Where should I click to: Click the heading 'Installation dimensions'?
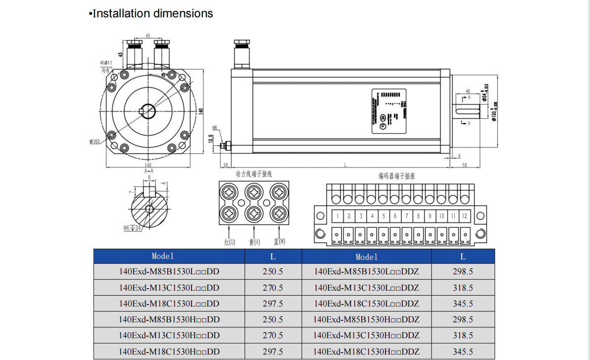[152, 14]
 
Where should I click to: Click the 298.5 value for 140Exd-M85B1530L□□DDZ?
[462, 272]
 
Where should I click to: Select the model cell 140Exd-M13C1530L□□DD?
[169, 288]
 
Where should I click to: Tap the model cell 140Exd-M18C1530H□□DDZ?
[366, 351]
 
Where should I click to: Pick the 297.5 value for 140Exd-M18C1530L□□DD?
[273, 304]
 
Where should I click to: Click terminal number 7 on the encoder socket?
[407, 216]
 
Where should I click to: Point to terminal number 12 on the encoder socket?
[464, 216]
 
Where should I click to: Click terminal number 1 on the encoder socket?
[338, 216]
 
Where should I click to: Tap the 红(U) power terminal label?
[229, 242]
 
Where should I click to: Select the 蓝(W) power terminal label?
[280, 242]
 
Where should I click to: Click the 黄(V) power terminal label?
[254, 242]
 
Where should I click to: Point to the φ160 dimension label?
[95, 142]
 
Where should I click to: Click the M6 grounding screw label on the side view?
[215, 128]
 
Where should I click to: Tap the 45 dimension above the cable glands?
[148, 36]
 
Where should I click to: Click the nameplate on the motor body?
[389, 111]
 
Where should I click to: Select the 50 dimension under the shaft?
[465, 165]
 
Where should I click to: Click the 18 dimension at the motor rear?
[225, 165]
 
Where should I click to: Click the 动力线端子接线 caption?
[254, 174]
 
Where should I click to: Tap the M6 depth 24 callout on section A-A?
[131, 228]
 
